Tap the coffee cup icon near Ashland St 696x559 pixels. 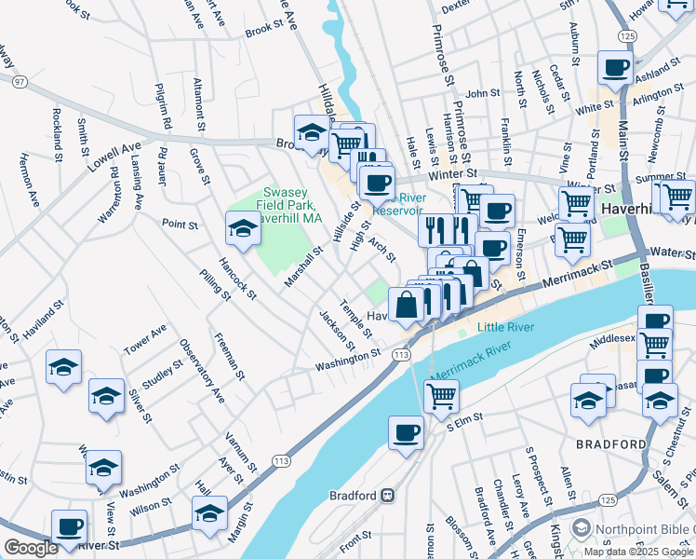[x=617, y=68]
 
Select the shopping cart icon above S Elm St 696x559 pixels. [x=441, y=395]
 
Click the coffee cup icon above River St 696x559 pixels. [x=69, y=525]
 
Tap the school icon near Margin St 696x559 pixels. [x=209, y=513]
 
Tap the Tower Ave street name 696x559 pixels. [x=145, y=342]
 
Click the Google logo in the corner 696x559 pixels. [x=31, y=548]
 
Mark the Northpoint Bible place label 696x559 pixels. [x=646, y=530]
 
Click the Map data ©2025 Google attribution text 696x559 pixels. [x=638, y=552]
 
